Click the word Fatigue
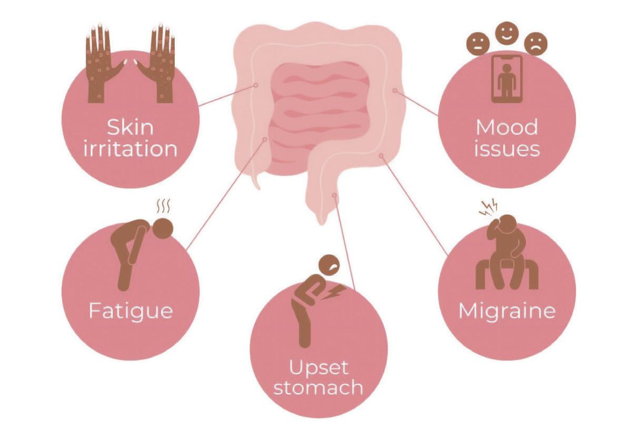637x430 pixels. [x=131, y=311]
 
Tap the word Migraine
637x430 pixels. [x=507, y=311]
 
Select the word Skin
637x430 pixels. [x=130, y=127]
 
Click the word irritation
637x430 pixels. [x=131, y=149]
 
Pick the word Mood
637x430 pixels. [x=507, y=127]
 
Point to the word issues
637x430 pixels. [x=507, y=149]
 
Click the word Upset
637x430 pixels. [x=318, y=368]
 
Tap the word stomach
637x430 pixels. [x=318, y=388]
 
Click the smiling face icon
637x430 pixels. [x=507, y=33]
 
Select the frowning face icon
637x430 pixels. [x=535, y=44]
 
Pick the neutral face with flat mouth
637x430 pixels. [x=478, y=44]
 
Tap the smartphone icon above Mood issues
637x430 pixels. [x=507, y=79]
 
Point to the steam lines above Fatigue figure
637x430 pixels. [x=164, y=206]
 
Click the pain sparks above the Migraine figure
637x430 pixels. [x=489, y=208]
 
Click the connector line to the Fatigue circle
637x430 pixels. [x=226, y=194]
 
